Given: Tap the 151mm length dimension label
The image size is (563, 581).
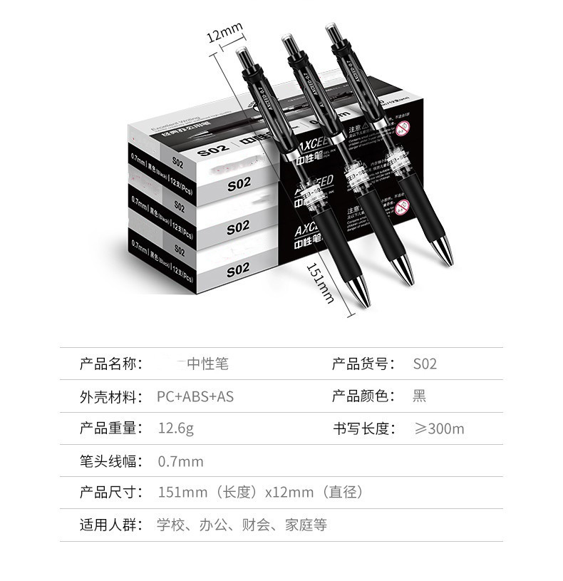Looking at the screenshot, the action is point(321,282).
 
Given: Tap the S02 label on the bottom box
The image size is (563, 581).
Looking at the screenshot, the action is point(237,270).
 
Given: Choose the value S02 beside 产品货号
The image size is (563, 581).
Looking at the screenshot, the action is point(425,364).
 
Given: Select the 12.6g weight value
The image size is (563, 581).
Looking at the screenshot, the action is point(175,429).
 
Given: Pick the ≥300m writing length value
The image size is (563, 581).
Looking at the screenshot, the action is point(439,429).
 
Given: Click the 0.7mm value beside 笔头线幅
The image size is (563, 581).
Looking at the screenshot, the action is point(180,462).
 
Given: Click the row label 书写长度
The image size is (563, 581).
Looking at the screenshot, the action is point(363,429).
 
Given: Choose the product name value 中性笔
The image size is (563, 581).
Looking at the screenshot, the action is point(207,364).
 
